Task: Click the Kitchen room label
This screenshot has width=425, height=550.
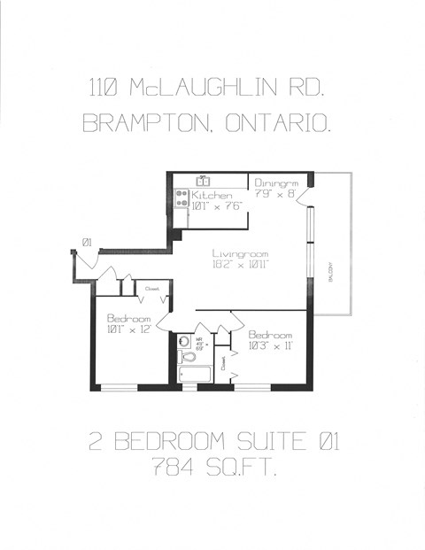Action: [x=212, y=195]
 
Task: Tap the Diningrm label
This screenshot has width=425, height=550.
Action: [x=273, y=182]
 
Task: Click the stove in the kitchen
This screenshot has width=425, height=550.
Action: [x=181, y=198]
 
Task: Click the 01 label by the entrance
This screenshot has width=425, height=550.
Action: [x=87, y=242]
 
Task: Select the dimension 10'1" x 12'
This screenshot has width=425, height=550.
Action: [x=130, y=329]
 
